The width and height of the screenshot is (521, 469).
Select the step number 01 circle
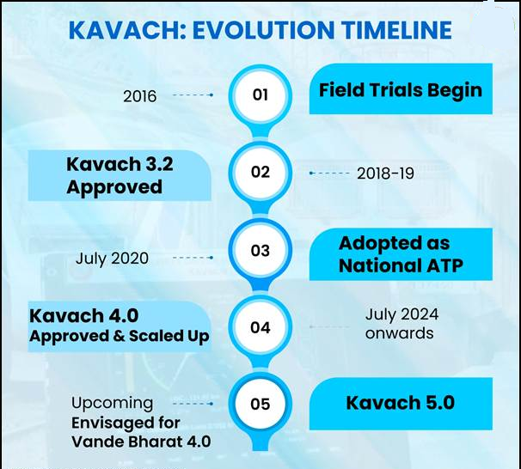tap(260, 95)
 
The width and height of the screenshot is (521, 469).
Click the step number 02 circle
tap(260, 173)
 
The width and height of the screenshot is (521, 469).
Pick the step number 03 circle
tap(260, 250)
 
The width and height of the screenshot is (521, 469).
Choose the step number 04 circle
tap(260, 327)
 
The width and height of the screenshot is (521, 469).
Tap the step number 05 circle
tap(260, 404)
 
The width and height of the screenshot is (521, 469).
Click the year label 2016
tap(139, 96)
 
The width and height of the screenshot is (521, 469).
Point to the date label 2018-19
tap(385, 174)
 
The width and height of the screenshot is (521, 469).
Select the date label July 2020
tap(112, 259)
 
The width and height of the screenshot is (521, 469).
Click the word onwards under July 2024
tap(399, 333)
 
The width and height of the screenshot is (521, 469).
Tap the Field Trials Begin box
tap(401, 89)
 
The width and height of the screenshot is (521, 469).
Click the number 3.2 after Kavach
tap(158, 164)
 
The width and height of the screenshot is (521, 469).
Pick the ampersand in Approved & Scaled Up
tap(119, 336)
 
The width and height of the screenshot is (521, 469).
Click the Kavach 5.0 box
tap(401, 404)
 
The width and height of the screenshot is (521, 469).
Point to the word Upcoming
tap(113, 404)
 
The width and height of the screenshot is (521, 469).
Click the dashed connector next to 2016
tap(193, 95)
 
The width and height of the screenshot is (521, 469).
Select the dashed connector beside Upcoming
tap(193, 404)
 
